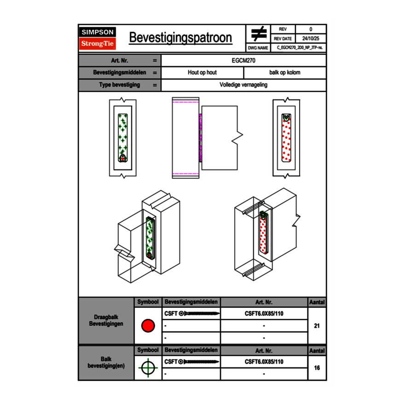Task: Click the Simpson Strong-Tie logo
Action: (98, 38)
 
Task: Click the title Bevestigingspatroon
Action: (180, 38)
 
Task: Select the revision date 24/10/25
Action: (311, 39)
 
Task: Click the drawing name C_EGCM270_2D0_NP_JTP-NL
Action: (300, 48)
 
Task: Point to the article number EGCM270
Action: (244, 60)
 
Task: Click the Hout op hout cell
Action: (202, 73)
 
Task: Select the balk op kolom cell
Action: (285, 73)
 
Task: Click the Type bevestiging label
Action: (119, 85)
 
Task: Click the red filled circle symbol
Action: (148, 326)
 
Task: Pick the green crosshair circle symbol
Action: (148, 368)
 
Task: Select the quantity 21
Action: (317, 326)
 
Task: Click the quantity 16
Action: (317, 368)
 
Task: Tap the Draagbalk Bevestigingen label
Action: (106, 321)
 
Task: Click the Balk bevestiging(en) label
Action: (106, 362)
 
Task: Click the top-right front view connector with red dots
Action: (286, 138)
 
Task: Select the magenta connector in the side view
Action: (200, 137)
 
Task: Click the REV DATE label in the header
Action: (284, 39)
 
